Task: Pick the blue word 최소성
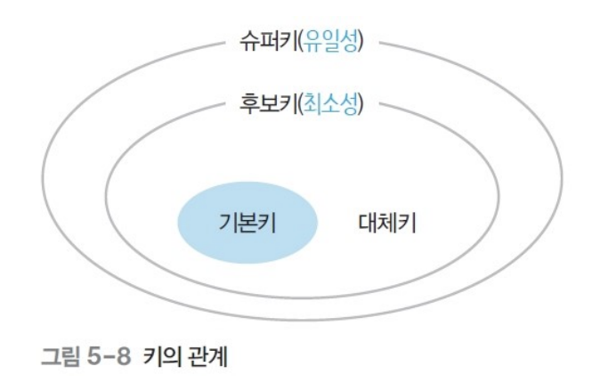(333, 105)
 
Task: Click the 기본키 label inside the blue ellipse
(247, 223)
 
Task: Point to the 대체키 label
(388, 223)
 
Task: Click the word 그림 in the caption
(59, 361)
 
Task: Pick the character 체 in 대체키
(388, 223)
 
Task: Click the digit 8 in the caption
(125, 361)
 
